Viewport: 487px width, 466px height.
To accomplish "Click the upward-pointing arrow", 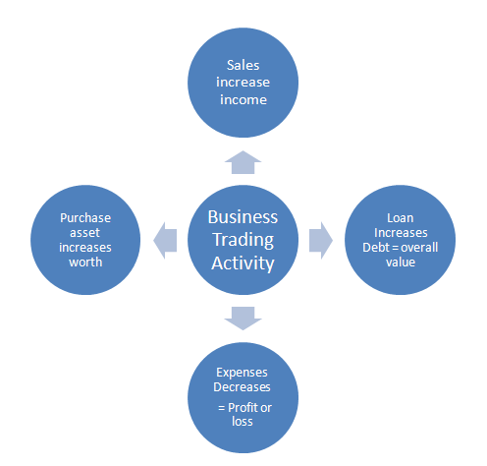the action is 243,162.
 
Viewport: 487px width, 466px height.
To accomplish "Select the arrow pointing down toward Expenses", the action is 243,319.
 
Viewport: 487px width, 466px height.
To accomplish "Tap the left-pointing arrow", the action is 165,240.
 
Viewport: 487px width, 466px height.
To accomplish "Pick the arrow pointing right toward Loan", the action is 321,240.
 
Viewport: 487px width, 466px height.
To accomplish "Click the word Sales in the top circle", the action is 243,65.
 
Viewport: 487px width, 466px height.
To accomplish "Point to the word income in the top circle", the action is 243,99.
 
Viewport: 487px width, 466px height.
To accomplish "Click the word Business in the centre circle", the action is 243,217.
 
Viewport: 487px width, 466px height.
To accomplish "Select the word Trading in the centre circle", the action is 243,241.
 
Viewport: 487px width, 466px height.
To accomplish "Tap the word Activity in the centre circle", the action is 243,263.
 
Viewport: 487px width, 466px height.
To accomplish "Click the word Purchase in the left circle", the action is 85,218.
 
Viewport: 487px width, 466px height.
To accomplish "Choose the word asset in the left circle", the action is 84,233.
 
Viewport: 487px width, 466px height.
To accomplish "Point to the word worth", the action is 85,262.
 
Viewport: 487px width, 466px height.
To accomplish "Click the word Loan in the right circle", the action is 401,218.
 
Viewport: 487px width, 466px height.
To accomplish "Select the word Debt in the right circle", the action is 376,248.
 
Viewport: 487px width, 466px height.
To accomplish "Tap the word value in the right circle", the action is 401,262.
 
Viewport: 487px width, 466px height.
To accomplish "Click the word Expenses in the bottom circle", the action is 242,373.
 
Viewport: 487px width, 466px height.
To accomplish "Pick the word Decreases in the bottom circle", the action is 242,387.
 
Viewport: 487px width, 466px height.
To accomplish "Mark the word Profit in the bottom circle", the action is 243,408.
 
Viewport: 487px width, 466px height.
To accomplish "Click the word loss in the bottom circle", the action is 243,421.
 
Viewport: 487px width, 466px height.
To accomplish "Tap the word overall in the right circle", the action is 419,248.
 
